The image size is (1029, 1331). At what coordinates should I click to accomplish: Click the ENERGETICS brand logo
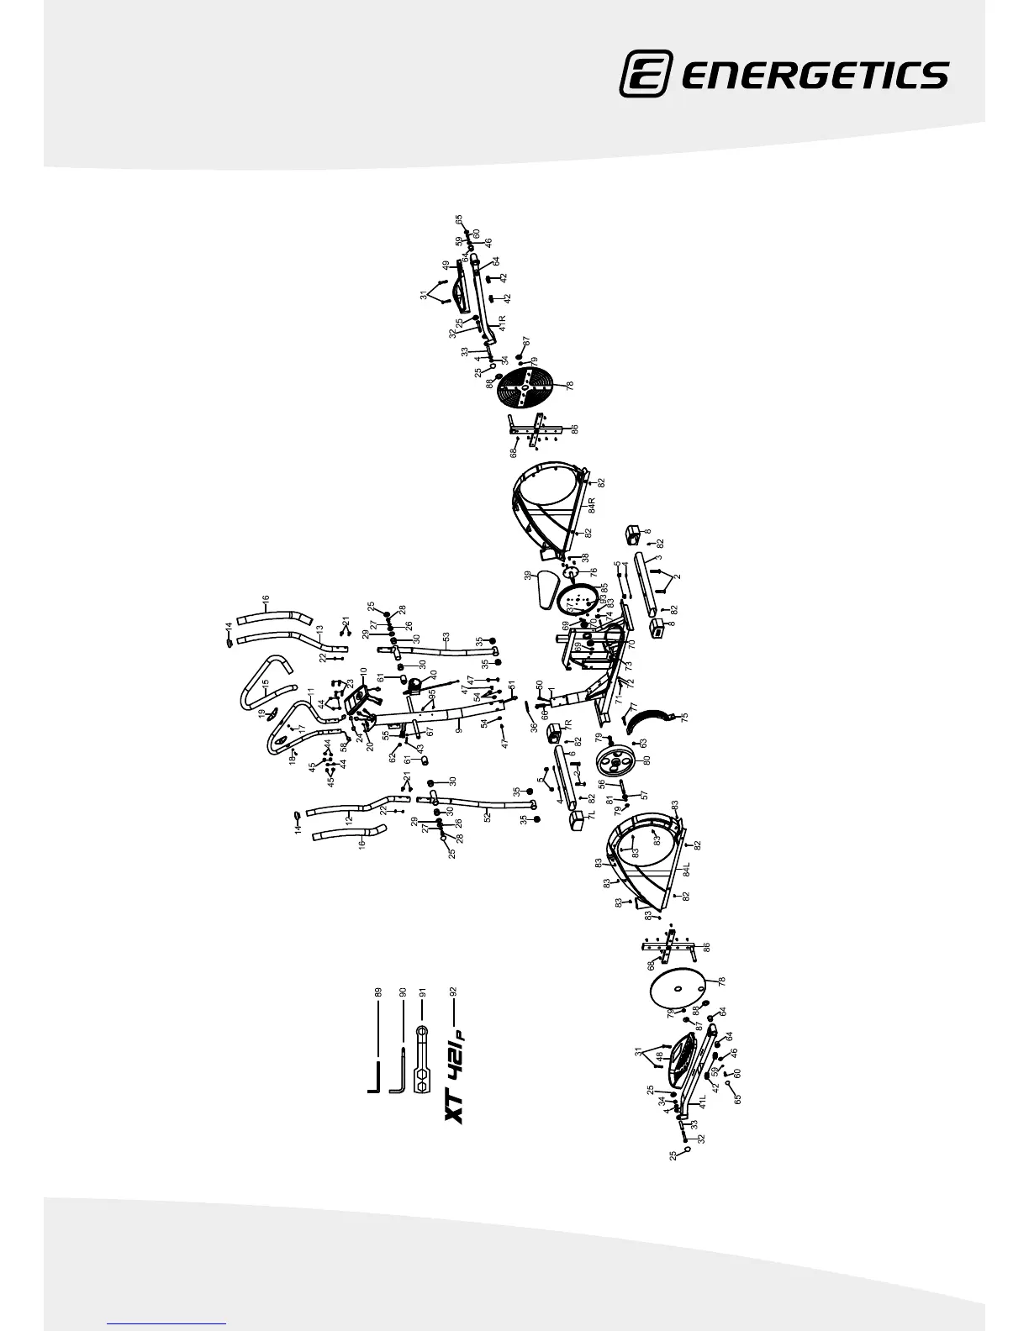pos(784,74)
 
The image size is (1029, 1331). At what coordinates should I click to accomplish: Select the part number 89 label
pos(377,992)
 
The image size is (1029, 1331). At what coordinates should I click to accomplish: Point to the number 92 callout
pos(453,992)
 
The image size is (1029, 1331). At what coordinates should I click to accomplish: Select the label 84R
pos(593,506)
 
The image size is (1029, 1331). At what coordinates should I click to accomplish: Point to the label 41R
pos(501,324)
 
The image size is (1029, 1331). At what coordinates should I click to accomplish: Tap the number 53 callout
pos(446,635)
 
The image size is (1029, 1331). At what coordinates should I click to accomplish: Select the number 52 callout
pos(488,815)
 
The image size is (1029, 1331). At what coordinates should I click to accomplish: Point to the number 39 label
pos(528,576)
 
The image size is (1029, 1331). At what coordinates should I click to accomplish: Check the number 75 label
pos(684,717)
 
